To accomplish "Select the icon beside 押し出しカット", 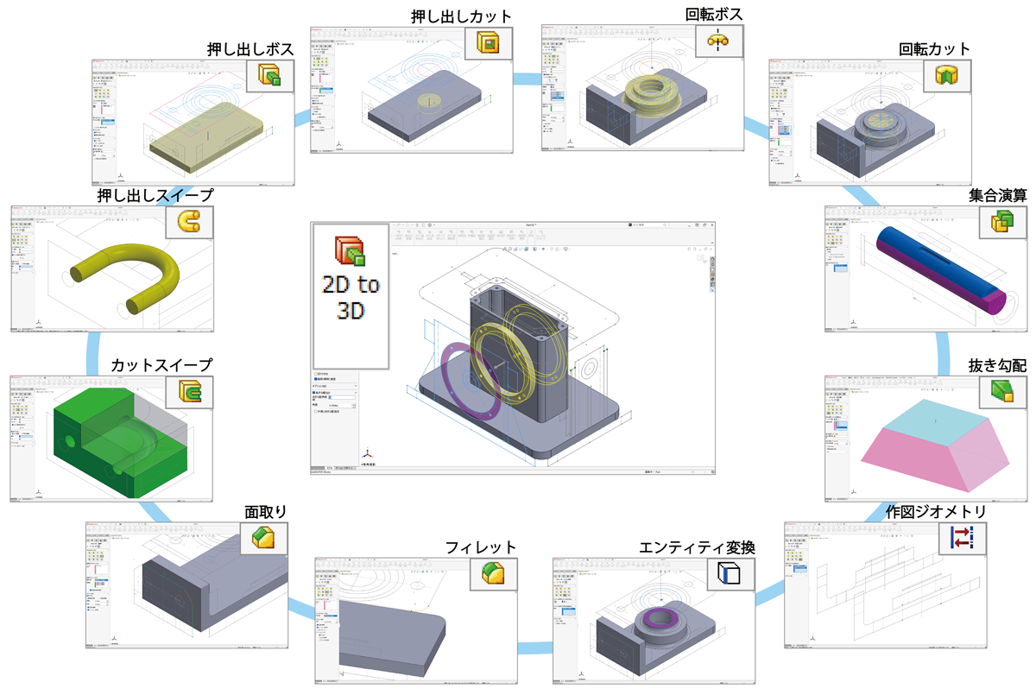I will tap(489, 43).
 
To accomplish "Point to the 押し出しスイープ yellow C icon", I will tap(190, 224).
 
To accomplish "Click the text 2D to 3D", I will tap(350, 297).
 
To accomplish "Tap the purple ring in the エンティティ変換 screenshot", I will tap(663, 616).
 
